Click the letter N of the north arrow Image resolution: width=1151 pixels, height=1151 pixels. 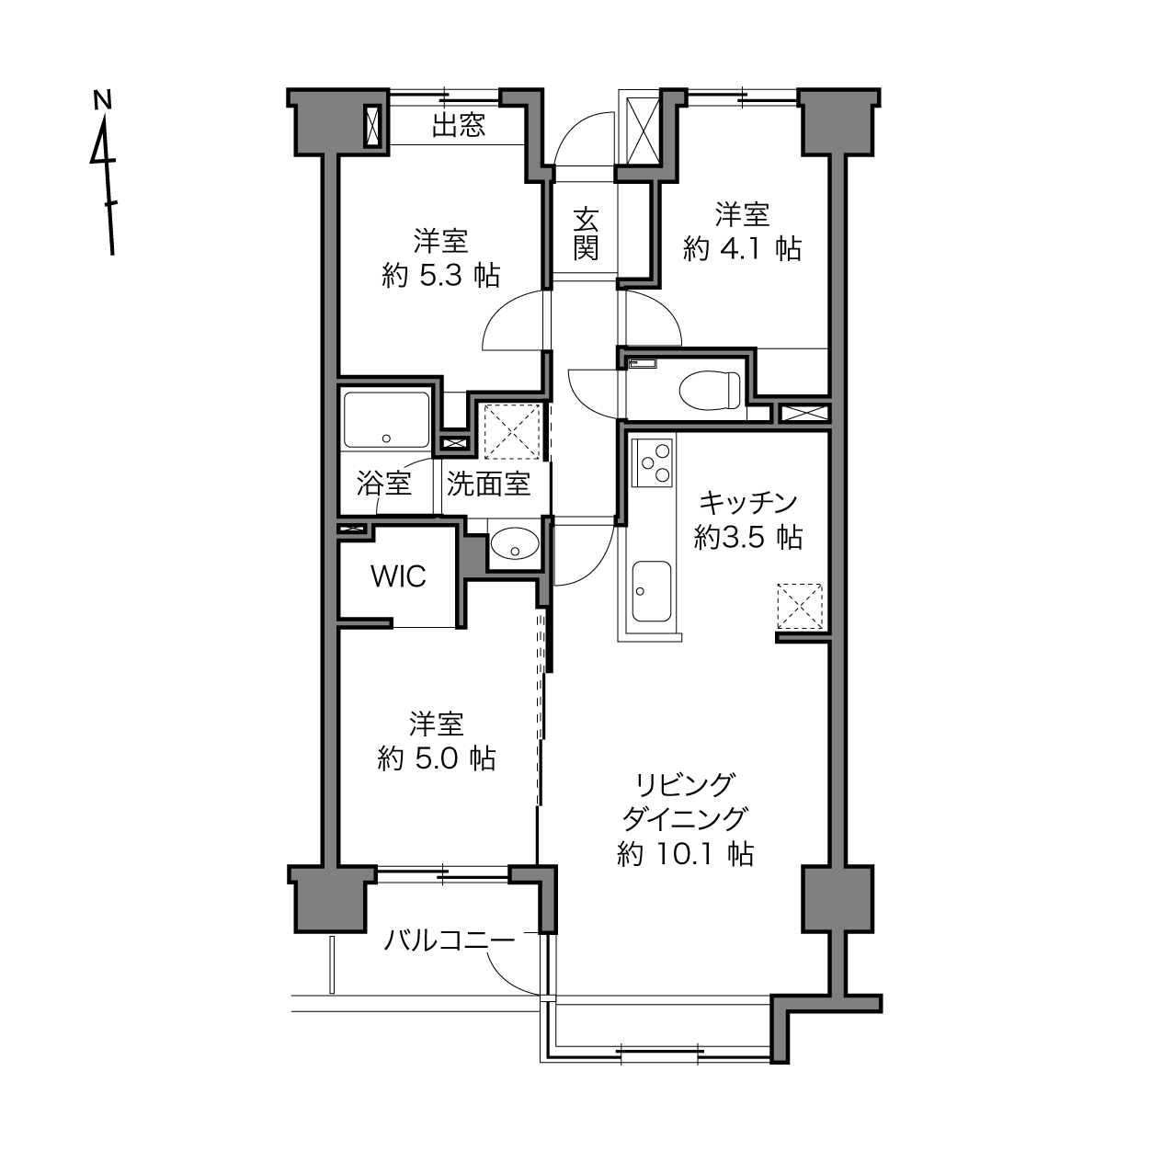pyautogui.click(x=103, y=100)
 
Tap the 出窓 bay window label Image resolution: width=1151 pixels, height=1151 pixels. pyautogui.click(x=458, y=125)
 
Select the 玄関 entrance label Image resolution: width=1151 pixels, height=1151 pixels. pyautogui.click(x=586, y=234)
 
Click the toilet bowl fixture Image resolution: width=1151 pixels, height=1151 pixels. pyautogui.click(x=710, y=390)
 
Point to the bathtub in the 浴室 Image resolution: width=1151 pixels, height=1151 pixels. pyautogui.click(x=386, y=419)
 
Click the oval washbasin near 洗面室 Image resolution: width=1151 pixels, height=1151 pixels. pyautogui.click(x=514, y=543)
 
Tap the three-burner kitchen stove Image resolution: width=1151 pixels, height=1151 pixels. pyautogui.click(x=653, y=462)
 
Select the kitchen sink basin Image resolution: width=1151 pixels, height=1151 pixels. pyautogui.click(x=651, y=591)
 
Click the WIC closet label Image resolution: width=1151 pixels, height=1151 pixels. pyautogui.click(x=398, y=576)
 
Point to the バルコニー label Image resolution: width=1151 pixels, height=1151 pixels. pyautogui.click(x=450, y=940)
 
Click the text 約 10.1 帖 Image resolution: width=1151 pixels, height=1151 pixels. pyautogui.click(x=685, y=855)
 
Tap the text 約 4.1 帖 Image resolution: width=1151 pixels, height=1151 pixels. pyautogui.click(x=742, y=248)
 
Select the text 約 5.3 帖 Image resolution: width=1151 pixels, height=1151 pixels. pyautogui.click(x=440, y=276)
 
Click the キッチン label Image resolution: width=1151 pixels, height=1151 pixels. pyautogui.click(x=747, y=503)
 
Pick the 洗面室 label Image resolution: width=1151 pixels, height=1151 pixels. pyautogui.click(x=488, y=484)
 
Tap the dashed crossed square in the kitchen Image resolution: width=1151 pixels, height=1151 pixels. pyautogui.click(x=800, y=606)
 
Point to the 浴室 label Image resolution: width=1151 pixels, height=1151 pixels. pyautogui.click(x=384, y=484)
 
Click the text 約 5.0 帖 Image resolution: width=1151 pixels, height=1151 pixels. pyautogui.click(x=437, y=758)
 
